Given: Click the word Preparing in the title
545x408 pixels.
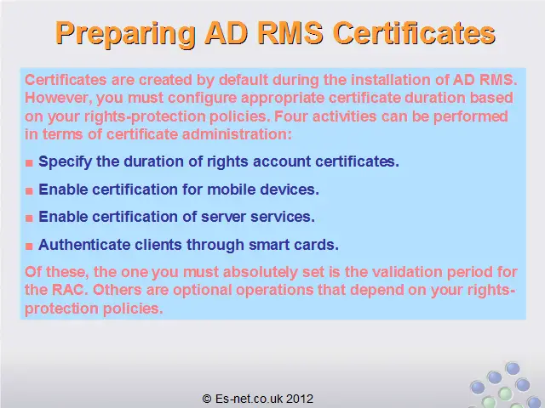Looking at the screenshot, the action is tap(125, 34).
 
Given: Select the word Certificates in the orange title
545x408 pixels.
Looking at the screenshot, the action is tap(414, 33).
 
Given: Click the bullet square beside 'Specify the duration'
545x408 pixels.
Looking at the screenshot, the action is tap(29, 162).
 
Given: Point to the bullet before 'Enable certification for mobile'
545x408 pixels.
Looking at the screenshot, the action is tap(29, 190).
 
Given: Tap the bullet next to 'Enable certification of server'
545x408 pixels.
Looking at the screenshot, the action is tap(29, 218).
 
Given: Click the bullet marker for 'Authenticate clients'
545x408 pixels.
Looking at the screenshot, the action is tap(29, 246).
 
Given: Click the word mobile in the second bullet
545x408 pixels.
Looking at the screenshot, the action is tap(231, 190).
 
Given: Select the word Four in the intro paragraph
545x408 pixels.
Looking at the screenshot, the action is tap(290, 116).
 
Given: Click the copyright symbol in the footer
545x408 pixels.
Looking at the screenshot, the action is tap(207, 399).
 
